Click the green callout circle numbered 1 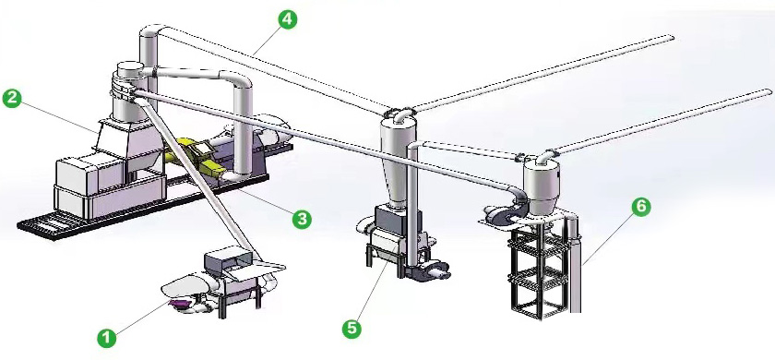[x=106, y=338]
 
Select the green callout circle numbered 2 [x=12, y=98]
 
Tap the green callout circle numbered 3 [x=302, y=218]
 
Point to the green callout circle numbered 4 [x=287, y=19]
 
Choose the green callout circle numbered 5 [x=352, y=329]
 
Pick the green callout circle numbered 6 [x=640, y=206]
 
